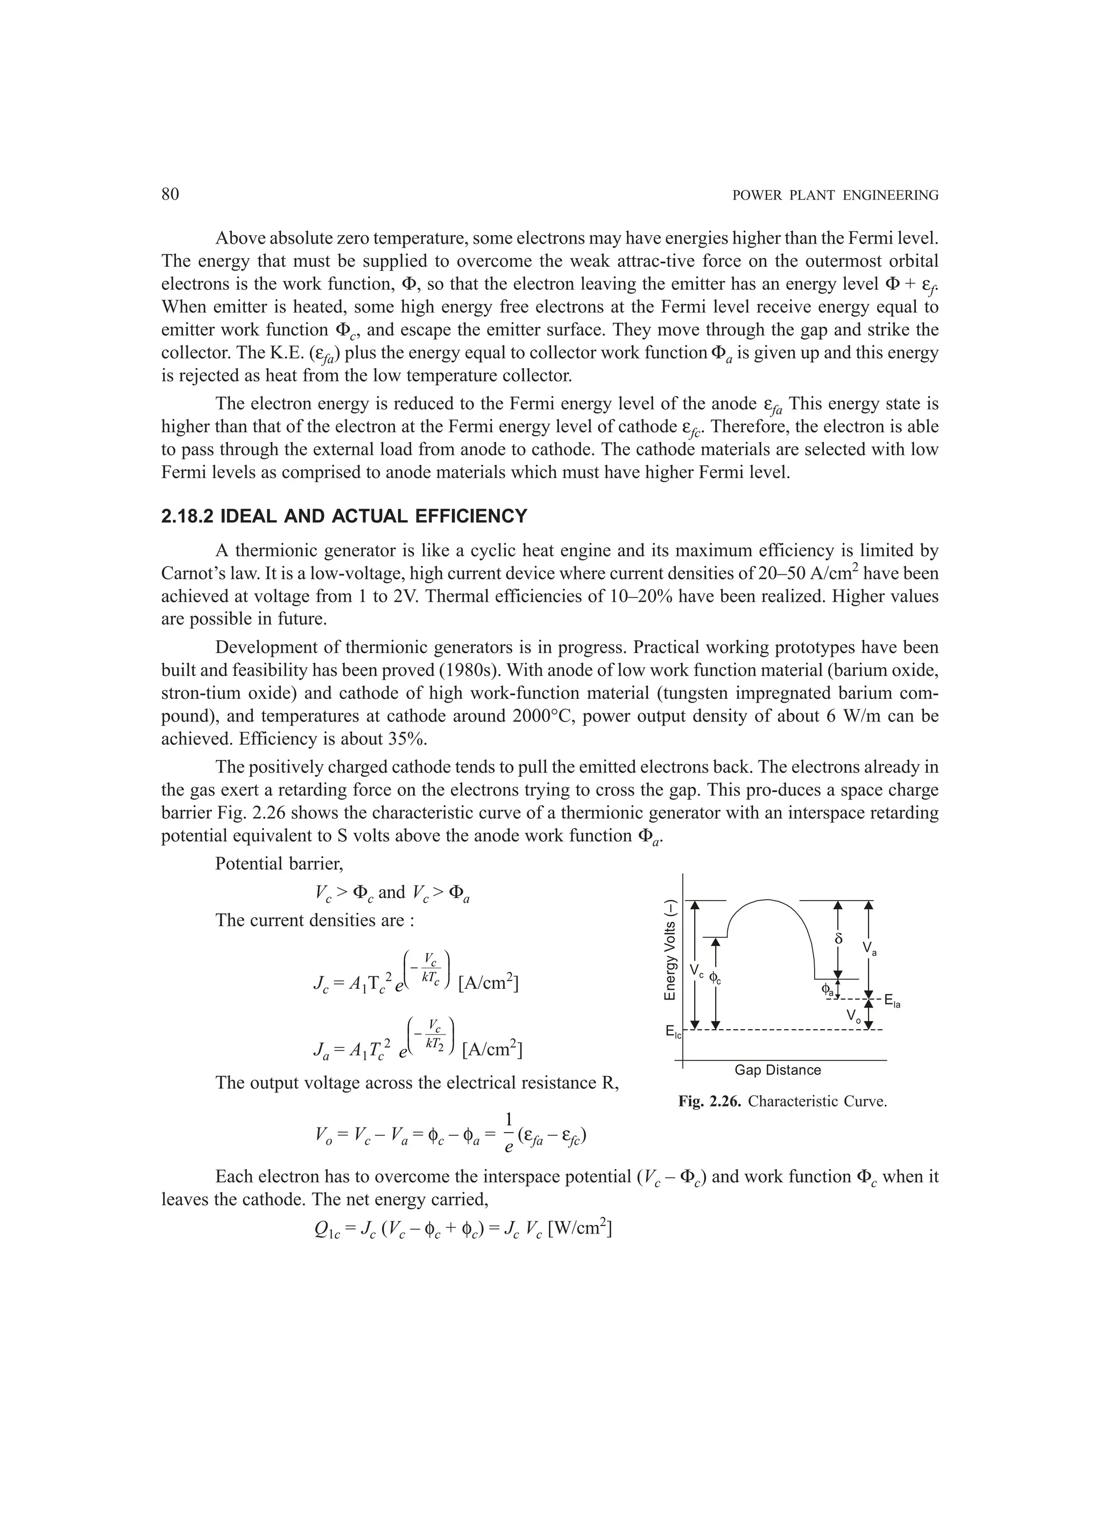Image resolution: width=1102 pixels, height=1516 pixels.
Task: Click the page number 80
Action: point(170,195)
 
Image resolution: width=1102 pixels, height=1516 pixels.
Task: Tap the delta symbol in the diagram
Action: point(838,938)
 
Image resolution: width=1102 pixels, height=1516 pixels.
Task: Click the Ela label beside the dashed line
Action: point(892,1001)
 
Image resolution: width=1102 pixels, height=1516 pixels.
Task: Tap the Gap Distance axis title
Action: point(777,1070)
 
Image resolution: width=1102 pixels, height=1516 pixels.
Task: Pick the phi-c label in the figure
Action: point(715,978)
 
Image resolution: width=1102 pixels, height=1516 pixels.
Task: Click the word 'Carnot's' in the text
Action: point(190,573)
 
